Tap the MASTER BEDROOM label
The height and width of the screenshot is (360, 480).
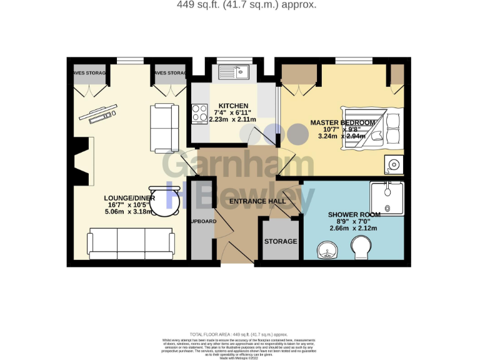tap(343, 122)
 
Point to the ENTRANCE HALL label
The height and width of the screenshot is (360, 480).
tap(257, 201)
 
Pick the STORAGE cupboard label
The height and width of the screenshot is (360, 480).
tap(281, 241)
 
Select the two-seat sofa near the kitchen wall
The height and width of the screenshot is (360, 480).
tap(164, 128)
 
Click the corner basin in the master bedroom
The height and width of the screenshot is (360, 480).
tap(394, 165)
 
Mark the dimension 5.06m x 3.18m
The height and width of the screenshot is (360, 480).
tap(130, 212)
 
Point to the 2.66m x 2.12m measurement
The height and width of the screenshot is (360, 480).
tap(353, 228)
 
